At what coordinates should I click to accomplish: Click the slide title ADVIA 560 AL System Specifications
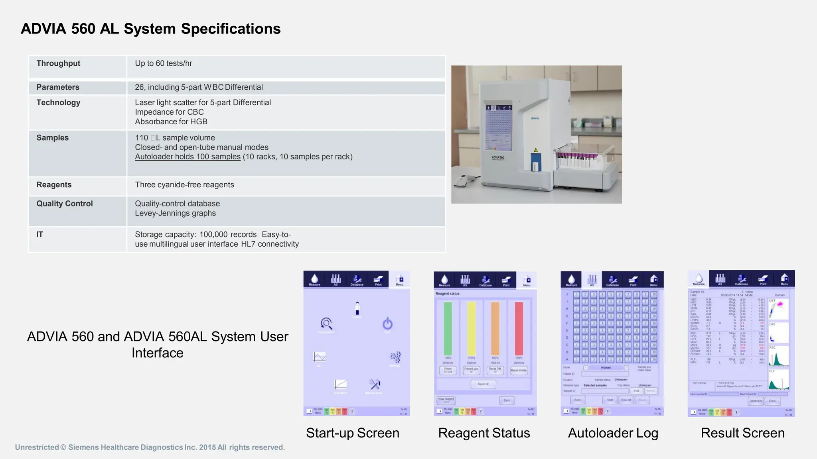click(150, 29)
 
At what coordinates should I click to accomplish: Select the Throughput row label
click(58, 63)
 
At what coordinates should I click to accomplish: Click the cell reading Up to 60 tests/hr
click(164, 63)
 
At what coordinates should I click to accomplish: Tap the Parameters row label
click(58, 87)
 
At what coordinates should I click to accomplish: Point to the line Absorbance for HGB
click(171, 122)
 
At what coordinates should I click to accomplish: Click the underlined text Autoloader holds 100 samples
click(187, 157)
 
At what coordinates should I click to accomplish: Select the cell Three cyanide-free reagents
click(184, 184)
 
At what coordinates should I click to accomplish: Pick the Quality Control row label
click(65, 204)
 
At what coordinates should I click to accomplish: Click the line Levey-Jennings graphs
click(175, 213)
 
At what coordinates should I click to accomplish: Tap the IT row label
click(40, 234)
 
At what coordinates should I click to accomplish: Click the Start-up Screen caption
click(353, 433)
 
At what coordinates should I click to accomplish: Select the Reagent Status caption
click(484, 433)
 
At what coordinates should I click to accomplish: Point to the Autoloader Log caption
click(613, 433)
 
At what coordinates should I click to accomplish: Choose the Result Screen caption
click(742, 433)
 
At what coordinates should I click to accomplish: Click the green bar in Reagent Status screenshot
click(448, 328)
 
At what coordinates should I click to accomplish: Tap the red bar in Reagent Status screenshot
click(519, 328)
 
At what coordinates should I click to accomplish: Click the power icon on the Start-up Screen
click(387, 323)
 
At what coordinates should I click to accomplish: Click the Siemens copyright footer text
click(150, 447)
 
